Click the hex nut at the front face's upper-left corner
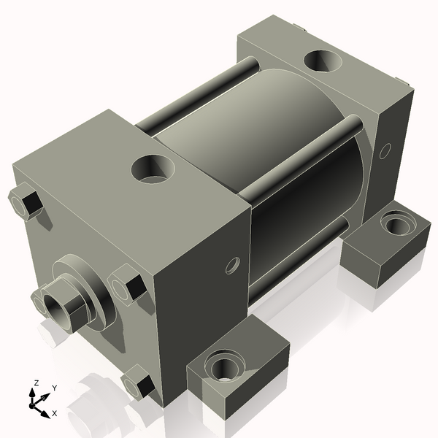tap(26, 203)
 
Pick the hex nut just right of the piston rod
tap(126, 285)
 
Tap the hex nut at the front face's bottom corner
tap(139, 385)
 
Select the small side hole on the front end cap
tap(232, 264)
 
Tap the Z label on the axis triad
tap(36, 383)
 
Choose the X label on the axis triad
tap(55, 413)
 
